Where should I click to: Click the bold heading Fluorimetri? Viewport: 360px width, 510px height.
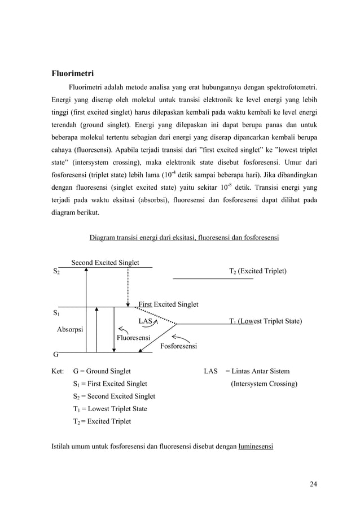[72, 73]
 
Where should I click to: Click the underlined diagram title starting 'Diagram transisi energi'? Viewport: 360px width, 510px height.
[184, 238]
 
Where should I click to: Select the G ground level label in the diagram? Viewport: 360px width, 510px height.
[55, 355]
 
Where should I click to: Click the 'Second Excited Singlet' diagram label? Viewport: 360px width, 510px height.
[105, 263]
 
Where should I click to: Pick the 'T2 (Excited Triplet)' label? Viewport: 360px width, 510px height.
[257, 272]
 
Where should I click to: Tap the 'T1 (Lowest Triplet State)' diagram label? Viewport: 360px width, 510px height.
[265, 321]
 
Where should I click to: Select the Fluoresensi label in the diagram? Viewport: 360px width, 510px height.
[133, 338]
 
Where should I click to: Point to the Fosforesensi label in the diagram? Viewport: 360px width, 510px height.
[179, 346]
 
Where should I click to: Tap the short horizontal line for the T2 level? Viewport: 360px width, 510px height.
[212, 278]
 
